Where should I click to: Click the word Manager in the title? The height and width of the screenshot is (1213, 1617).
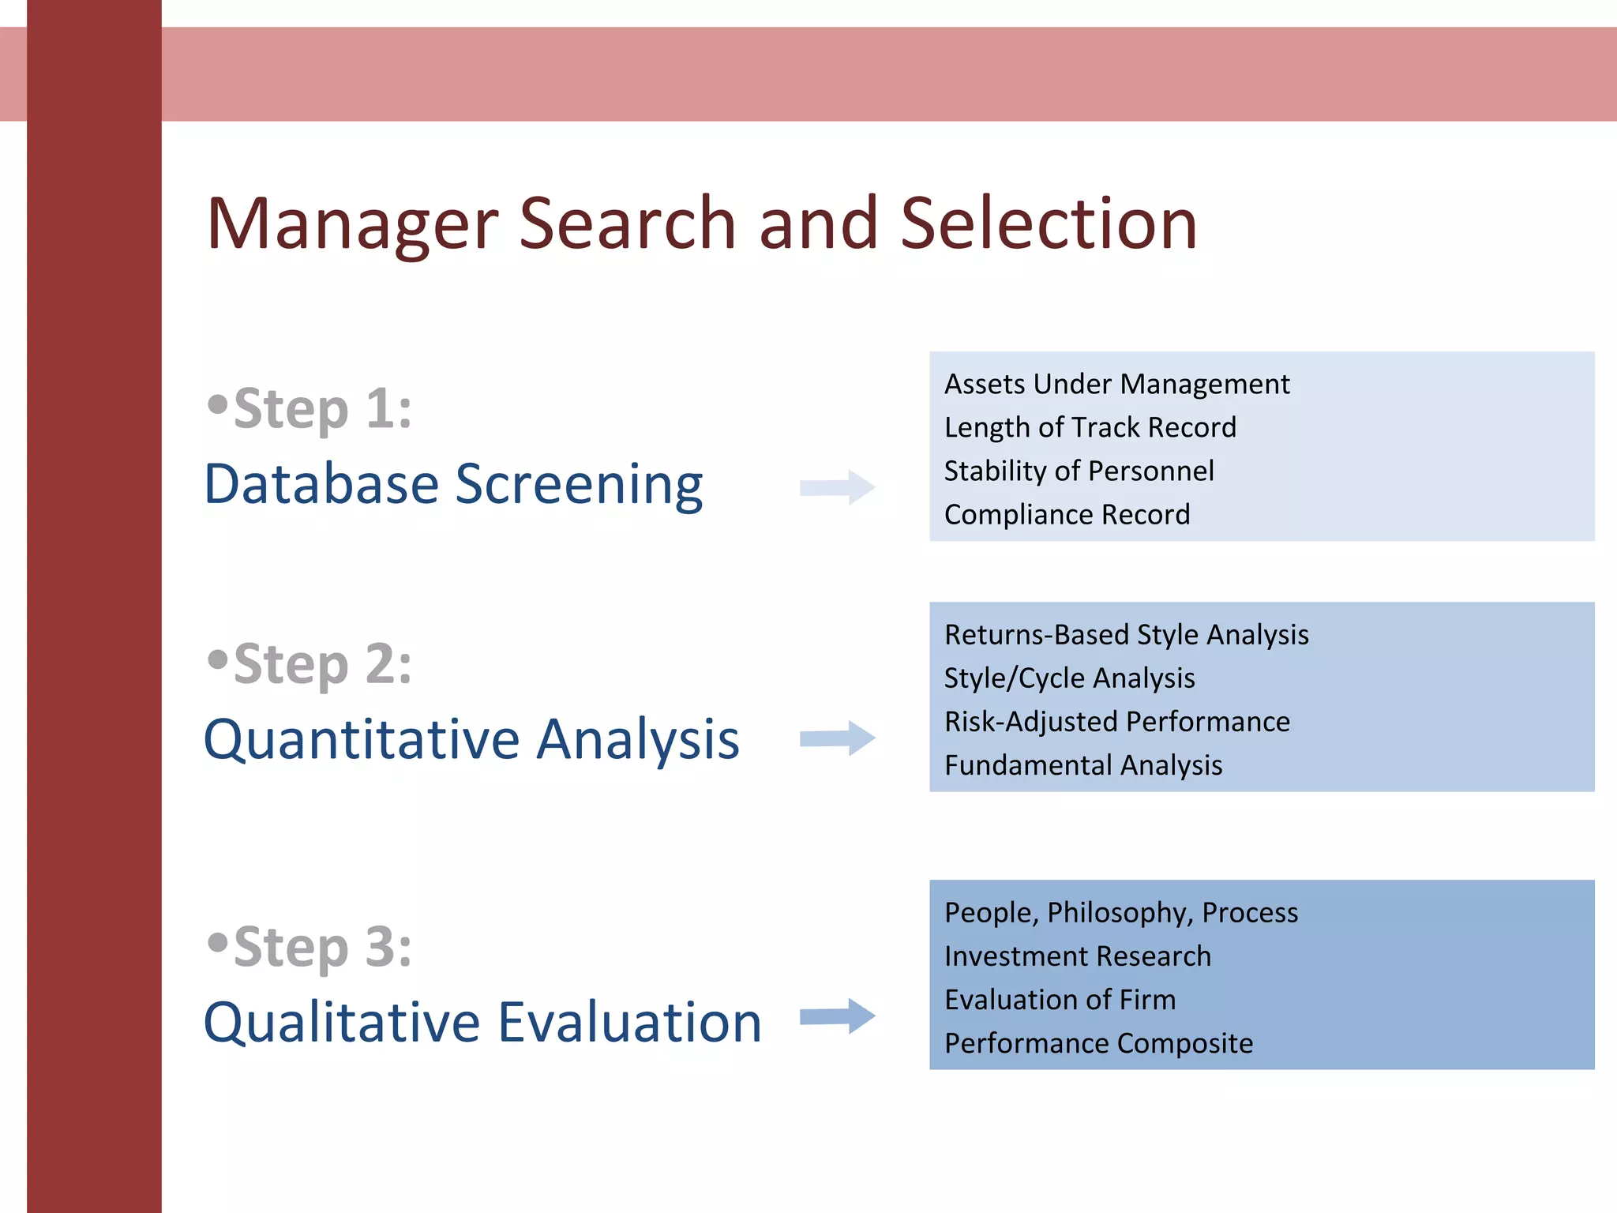[352, 224]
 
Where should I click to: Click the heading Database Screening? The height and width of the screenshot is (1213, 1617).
[453, 484]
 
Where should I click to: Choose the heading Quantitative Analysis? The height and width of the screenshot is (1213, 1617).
[471, 740]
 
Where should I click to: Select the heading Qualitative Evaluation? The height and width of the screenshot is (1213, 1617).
[482, 1022]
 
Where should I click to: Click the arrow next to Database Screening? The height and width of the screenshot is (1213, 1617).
[838, 487]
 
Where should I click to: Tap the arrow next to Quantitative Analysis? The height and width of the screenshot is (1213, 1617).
[838, 738]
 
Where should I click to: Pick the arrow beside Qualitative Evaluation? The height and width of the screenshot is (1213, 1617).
[838, 1016]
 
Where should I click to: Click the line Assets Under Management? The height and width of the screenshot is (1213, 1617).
[1116, 385]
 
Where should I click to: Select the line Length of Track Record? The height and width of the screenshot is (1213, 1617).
[1090, 428]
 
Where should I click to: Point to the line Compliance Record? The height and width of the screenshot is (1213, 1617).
[1067, 515]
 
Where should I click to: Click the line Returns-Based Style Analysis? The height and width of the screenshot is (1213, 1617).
[1126, 635]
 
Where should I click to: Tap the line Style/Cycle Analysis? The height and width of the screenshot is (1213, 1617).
[1069, 678]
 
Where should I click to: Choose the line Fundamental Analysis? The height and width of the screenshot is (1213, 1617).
[1083, 765]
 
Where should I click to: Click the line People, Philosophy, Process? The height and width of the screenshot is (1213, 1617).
[1120, 913]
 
